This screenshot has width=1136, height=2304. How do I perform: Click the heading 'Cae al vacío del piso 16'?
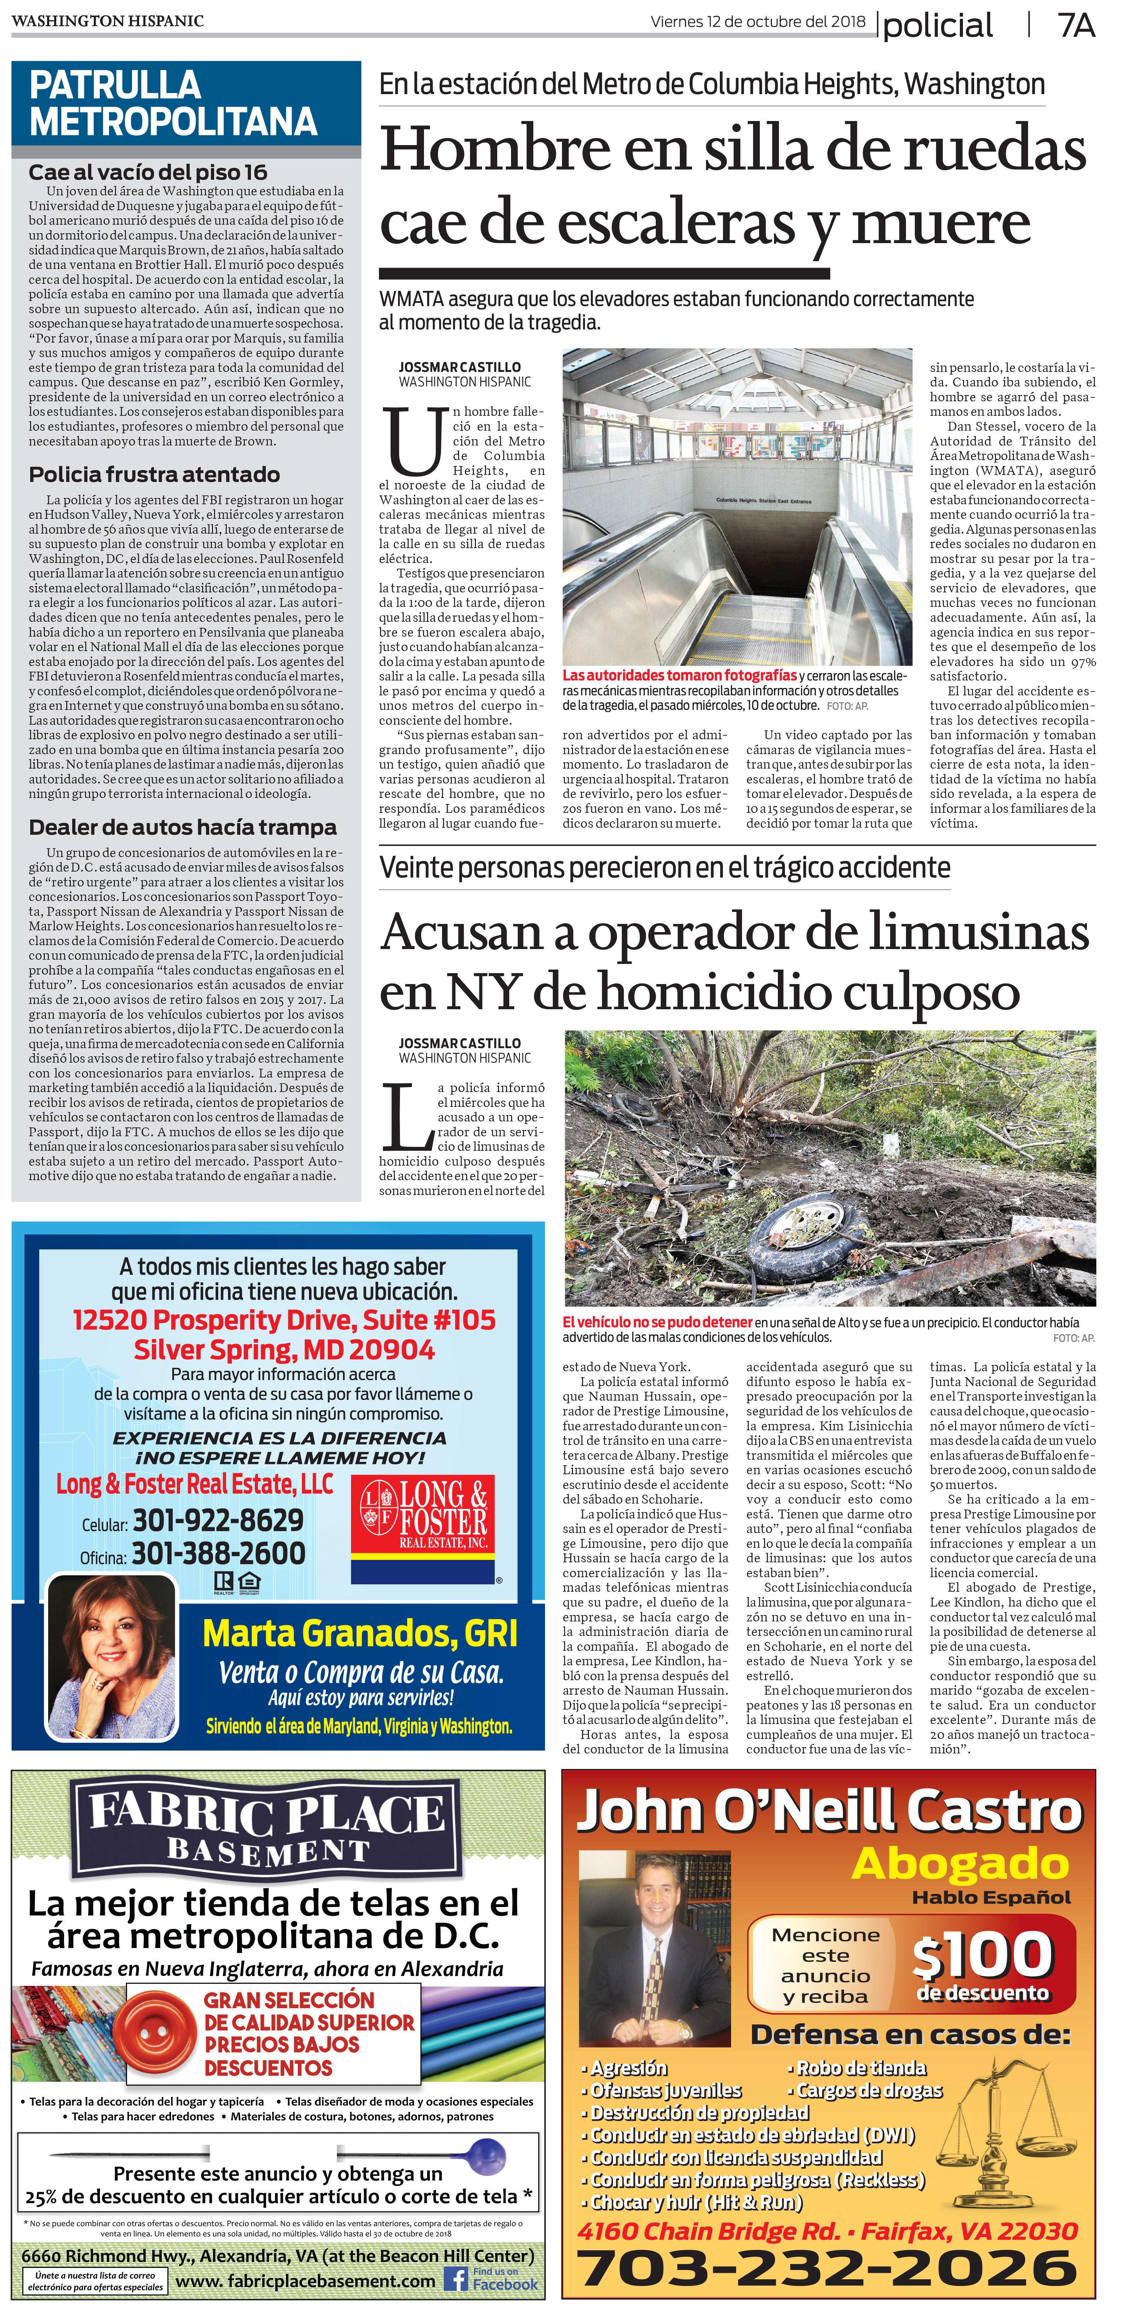148,173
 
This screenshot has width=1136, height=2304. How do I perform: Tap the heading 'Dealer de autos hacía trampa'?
183,827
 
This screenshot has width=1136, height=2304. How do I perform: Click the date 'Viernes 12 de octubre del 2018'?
758,22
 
